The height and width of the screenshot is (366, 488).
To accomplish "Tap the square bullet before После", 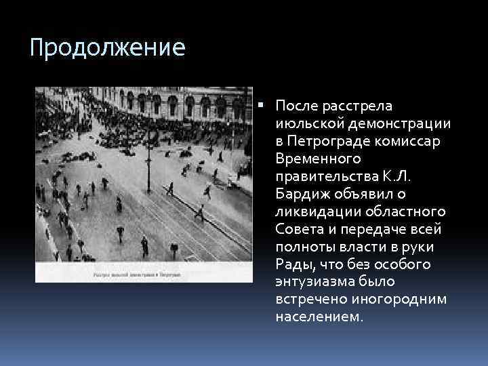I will [261, 106].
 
